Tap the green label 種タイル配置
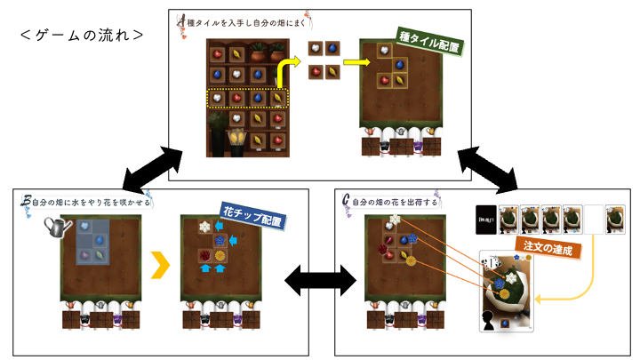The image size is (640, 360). coord(435,39)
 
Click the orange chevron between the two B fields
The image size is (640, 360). coord(160,264)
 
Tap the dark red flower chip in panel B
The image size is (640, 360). coord(204,257)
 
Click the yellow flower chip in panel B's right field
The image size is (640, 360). coord(219,257)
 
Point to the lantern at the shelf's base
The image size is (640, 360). coord(239,139)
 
